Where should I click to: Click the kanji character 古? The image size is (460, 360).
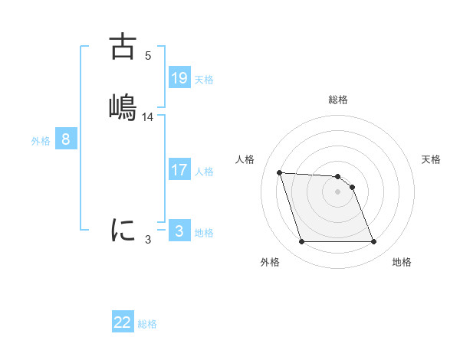pyautogui.click(x=123, y=47)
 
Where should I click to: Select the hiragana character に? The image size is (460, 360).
pyautogui.click(x=123, y=229)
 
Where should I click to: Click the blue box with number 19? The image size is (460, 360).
pyautogui.click(x=179, y=77)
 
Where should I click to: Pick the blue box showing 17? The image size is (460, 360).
pyautogui.click(x=179, y=170)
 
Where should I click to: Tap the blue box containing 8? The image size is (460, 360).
pyautogui.click(x=66, y=140)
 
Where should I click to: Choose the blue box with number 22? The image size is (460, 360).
pyautogui.click(x=123, y=322)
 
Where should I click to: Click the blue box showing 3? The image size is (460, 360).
pyautogui.click(x=179, y=231)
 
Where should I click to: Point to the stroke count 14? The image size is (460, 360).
pyautogui.click(x=148, y=117)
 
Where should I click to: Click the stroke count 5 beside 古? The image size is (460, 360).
pyautogui.click(x=148, y=56)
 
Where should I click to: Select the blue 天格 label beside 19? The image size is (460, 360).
pyautogui.click(x=204, y=79)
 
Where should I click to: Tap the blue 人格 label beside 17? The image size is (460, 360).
pyautogui.click(x=204, y=172)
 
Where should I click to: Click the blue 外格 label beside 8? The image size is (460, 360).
pyautogui.click(x=41, y=141)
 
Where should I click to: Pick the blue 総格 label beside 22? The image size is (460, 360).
pyautogui.click(x=148, y=324)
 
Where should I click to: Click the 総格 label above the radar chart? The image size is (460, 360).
pyautogui.click(x=338, y=100)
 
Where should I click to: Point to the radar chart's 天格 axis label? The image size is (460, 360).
pyautogui.click(x=432, y=159)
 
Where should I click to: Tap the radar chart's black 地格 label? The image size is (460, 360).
pyautogui.click(x=402, y=263)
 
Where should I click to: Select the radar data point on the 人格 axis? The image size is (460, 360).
pyautogui.click(x=280, y=172)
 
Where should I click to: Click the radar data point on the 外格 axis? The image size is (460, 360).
pyautogui.click(x=301, y=242)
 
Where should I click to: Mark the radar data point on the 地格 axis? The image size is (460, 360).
pyautogui.click(x=373, y=242)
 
